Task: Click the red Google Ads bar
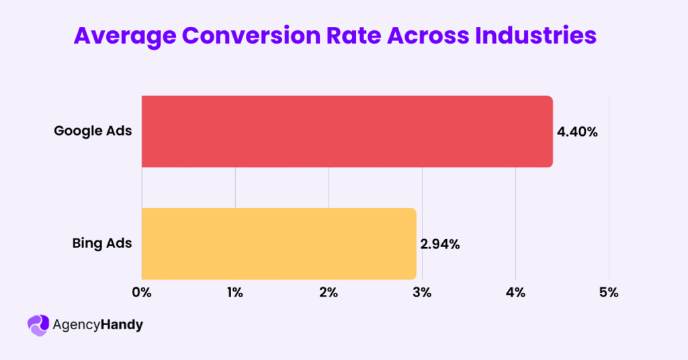[x=347, y=131]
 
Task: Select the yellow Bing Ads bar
[x=279, y=243]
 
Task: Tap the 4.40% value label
[x=577, y=132]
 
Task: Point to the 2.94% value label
[x=440, y=244]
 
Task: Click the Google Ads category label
[x=93, y=131]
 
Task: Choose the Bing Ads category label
[x=102, y=243]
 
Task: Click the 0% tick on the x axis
[x=142, y=293]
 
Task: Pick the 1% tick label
[x=235, y=293]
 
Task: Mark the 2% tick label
[x=329, y=293]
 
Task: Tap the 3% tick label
[x=422, y=293]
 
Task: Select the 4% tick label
[x=515, y=293]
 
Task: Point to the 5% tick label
[x=609, y=293]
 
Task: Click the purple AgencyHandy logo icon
[x=38, y=325]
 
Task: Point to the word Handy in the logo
[x=122, y=326]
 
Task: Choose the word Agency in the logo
[x=76, y=326]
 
